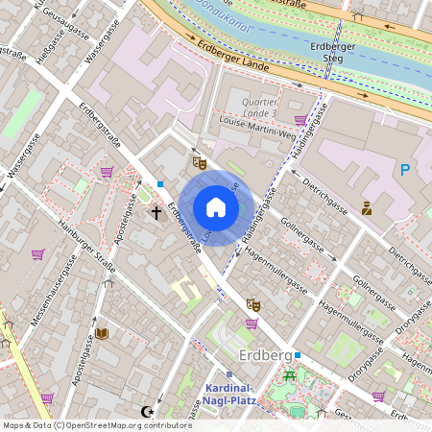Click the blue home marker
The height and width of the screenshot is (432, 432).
(x=216, y=207)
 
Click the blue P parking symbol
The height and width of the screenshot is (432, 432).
(x=405, y=170)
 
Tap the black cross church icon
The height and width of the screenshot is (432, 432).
(x=156, y=211)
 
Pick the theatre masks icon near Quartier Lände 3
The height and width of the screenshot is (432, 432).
(x=200, y=162)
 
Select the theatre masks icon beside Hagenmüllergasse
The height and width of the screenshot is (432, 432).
(x=253, y=304)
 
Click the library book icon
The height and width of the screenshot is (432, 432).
(x=102, y=333)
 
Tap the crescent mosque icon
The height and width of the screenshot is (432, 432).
(x=147, y=412)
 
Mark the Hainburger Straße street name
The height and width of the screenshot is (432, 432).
(x=79, y=246)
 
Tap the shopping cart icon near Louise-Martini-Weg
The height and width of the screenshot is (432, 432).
(x=300, y=120)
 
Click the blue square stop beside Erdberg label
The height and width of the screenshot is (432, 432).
(x=299, y=355)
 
